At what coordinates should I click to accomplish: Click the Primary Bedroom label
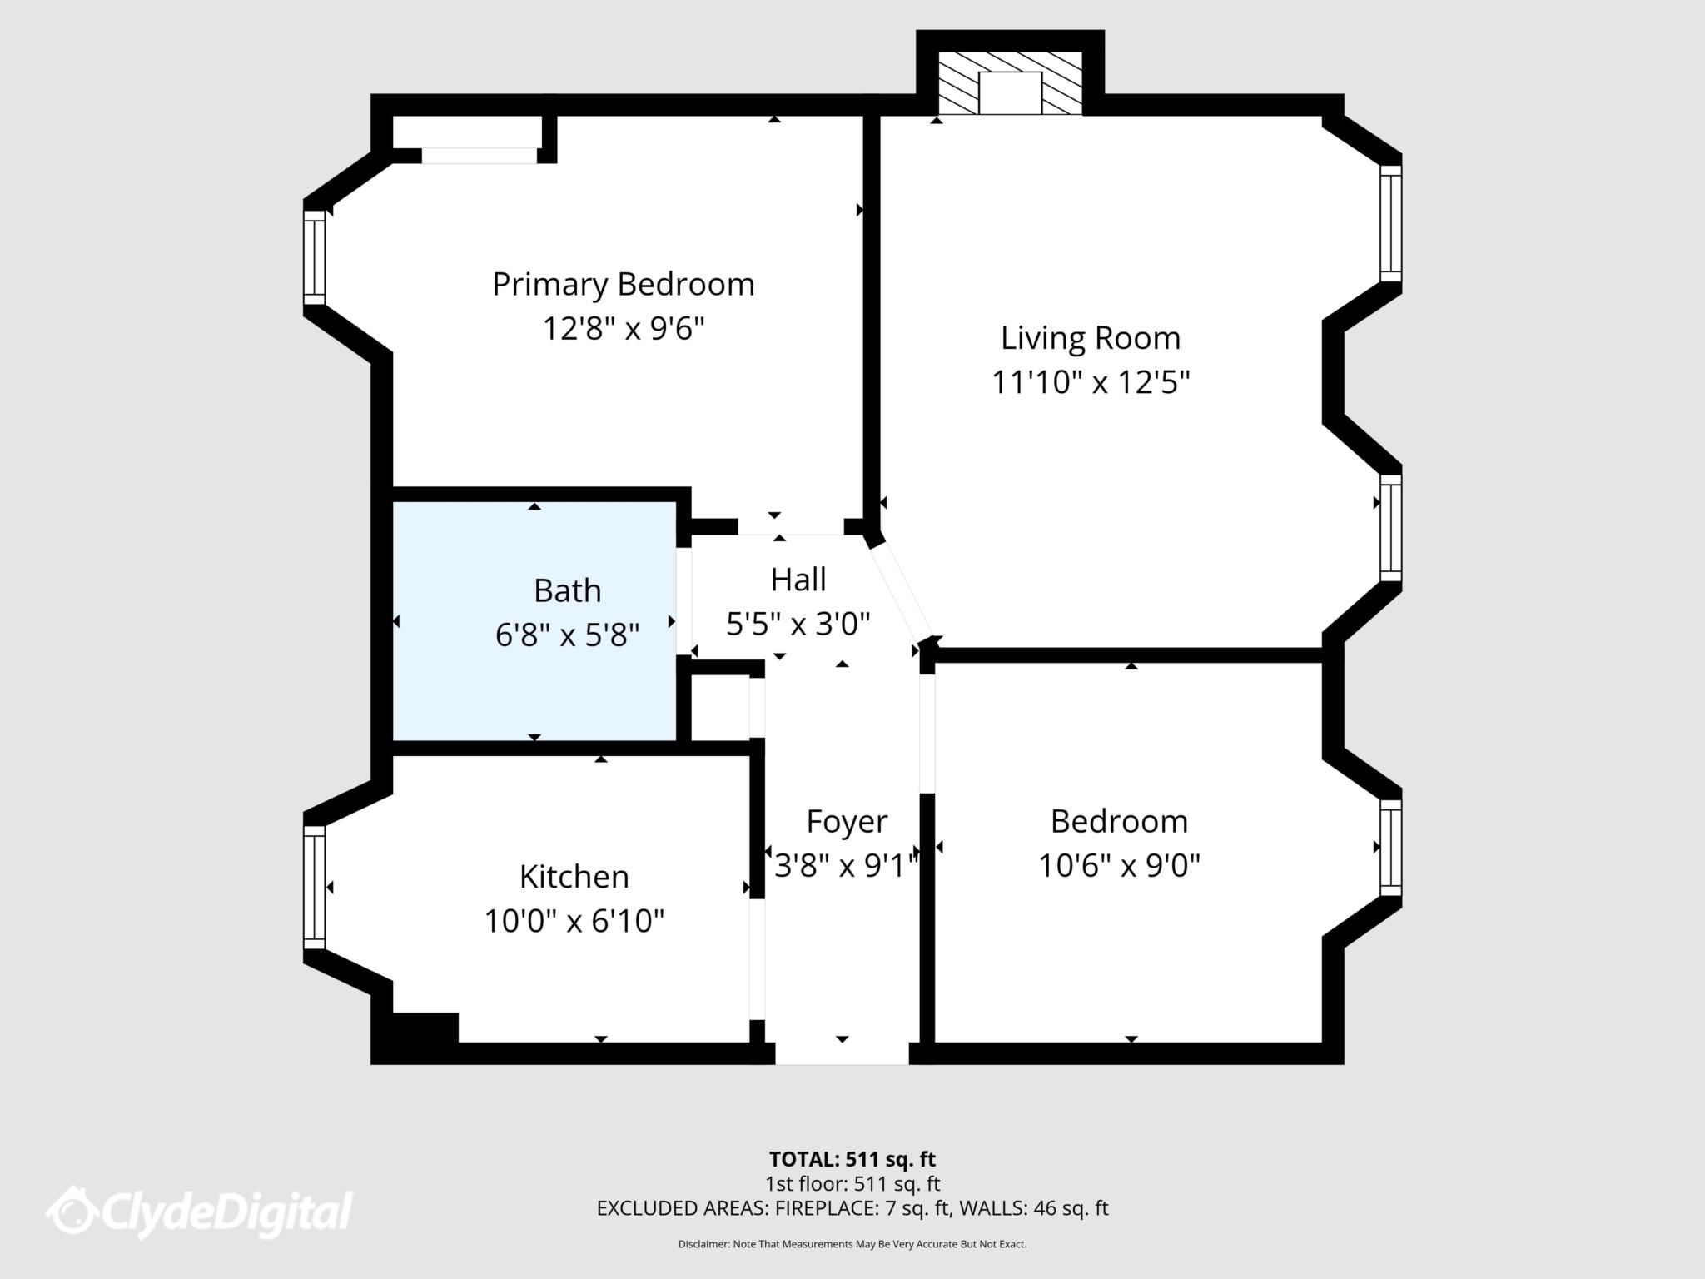[x=623, y=285]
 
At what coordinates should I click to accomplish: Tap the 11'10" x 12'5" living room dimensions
[x=1090, y=383]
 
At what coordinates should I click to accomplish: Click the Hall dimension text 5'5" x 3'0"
[x=798, y=624]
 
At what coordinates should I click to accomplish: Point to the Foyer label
[x=846, y=822]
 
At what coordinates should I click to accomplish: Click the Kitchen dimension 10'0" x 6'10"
[x=574, y=921]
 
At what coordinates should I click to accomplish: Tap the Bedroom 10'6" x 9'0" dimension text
[x=1118, y=866]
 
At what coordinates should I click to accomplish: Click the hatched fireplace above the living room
[x=1010, y=83]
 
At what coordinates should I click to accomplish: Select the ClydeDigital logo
[x=200, y=1212]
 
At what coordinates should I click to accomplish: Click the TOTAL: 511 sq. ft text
[x=852, y=1159]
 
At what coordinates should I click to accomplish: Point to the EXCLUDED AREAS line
[x=852, y=1208]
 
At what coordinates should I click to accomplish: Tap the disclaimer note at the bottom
[x=852, y=1244]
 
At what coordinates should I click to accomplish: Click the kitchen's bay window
[x=314, y=888]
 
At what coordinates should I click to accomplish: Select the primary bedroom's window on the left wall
[x=314, y=258]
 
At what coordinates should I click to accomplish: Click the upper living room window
[x=1390, y=223]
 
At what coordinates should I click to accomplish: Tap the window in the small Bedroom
[x=1390, y=848]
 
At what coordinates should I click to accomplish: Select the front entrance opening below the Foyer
[x=842, y=1053]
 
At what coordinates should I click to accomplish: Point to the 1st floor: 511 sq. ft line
[x=852, y=1183]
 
